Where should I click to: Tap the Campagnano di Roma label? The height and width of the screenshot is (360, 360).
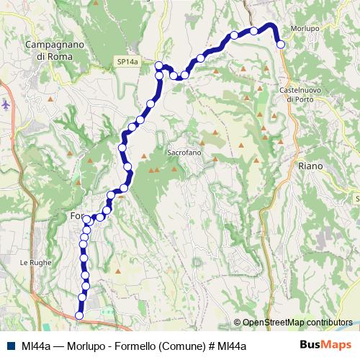tap(55, 50)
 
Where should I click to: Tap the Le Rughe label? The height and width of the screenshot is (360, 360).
tap(37, 263)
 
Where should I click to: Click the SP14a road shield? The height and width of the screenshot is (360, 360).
tap(127, 63)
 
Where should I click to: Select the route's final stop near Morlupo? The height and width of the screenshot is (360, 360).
tap(281, 45)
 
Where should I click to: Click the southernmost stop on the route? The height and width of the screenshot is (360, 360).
tap(79, 315)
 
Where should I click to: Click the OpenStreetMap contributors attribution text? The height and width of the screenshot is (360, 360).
tap(297, 322)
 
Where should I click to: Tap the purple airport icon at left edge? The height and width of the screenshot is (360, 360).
tap(6, 104)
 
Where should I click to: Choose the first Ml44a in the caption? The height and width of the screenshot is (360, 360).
tap(36, 346)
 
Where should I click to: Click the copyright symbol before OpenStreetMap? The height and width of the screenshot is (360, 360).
tap(238, 322)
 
